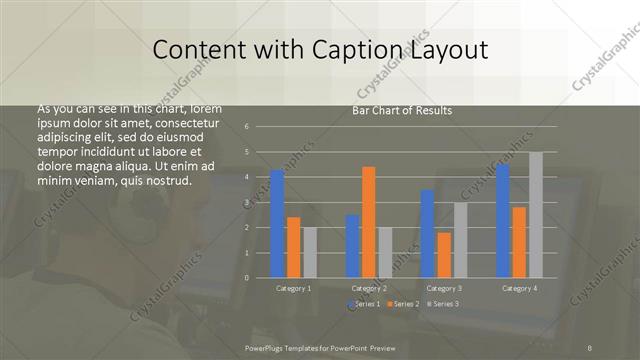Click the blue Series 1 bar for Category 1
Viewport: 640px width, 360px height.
click(277, 224)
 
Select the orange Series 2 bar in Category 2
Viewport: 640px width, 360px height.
click(369, 222)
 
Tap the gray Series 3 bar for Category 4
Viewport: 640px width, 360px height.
click(536, 215)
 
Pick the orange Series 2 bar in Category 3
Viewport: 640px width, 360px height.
click(444, 255)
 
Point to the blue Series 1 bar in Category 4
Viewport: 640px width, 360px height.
click(502, 221)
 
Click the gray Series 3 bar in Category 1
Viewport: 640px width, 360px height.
click(310, 252)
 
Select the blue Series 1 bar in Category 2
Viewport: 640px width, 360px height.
click(352, 246)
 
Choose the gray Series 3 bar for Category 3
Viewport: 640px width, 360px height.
click(461, 240)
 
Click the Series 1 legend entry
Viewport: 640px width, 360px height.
click(363, 303)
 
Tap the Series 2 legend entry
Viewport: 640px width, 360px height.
click(402, 303)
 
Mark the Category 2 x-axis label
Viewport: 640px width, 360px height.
click(369, 288)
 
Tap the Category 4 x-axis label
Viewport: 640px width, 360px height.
click(518, 288)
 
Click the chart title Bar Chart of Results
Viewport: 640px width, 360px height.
click(402, 110)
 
